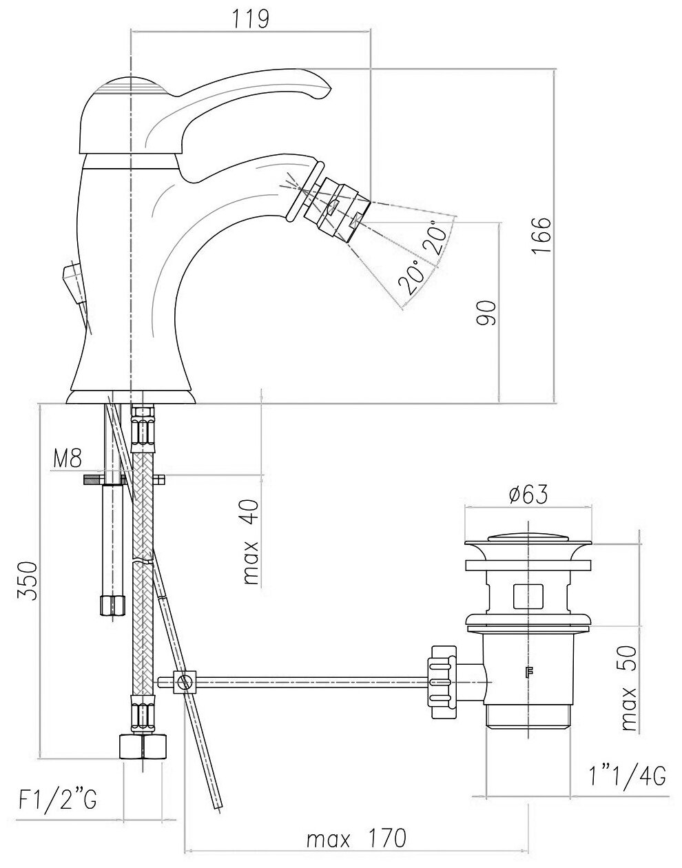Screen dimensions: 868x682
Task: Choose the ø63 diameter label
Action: click(528, 494)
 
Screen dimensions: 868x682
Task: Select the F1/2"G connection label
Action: click(57, 800)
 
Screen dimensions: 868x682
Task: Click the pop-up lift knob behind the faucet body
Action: click(71, 280)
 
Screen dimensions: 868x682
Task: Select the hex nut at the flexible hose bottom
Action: click(143, 747)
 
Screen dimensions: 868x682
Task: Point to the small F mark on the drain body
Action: click(530, 673)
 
